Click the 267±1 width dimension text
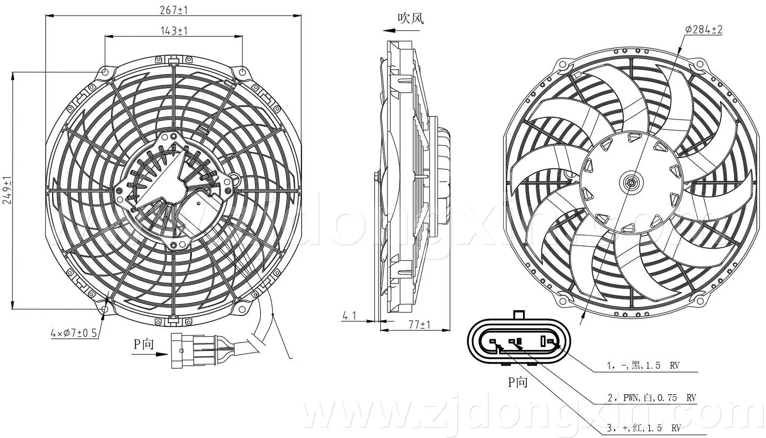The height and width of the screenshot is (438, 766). [x=174, y=10]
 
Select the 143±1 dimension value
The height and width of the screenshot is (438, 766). [x=174, y=31]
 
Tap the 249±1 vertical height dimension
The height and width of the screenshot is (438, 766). [x=7, y=190]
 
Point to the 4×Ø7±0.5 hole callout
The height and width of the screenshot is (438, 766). [x=74, y=333]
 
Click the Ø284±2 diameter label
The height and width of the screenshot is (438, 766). [x=704, y=30]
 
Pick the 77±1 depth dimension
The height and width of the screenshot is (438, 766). [x=419, y=324]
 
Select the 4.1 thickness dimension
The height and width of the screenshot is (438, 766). [x=349, y=316]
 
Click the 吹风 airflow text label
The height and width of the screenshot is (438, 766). [x=410, y=18]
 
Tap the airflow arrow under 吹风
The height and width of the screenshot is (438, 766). [x=401, y=30]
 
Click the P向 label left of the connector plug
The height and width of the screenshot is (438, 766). [x=143, y=344]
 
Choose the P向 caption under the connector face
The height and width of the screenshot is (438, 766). [x=518, y=382]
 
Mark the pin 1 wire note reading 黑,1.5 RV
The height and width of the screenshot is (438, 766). [x=643, y=366]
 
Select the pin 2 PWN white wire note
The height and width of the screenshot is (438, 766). [x=652, y=398]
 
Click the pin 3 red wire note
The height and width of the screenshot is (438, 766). [x=644, y=428]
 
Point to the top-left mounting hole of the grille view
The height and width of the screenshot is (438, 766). [x=105, y=72]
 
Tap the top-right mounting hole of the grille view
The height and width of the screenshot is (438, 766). [x=242, y=72]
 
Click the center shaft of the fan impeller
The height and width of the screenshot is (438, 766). [x=631, y=182]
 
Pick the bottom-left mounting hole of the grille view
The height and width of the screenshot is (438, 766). [x=105, y=309]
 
